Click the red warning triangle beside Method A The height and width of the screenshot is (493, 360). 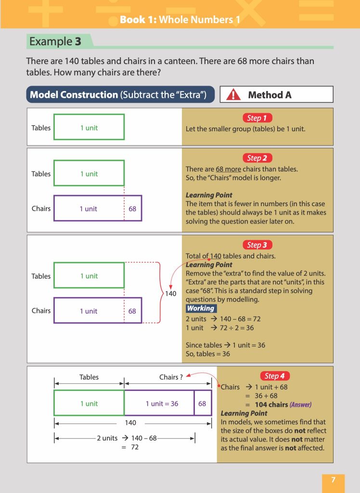coord(233,95)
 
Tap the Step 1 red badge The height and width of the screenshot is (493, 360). coord(257,118)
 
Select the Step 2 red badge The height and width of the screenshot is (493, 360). coord(257,158)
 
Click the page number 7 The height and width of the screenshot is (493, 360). coord(333,480)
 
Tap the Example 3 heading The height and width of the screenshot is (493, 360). coord(55,41)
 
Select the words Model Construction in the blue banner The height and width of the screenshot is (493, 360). coord(74,95)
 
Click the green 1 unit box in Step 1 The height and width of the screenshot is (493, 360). coord(89,127)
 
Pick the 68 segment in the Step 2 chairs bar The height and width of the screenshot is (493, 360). coord(133,208)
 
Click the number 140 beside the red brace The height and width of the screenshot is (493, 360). coord(171,293)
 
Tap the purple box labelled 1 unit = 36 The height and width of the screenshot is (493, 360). coord(159,403)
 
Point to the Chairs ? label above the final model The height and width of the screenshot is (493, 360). coord(171,377)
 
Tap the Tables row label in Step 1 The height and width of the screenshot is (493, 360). coord(41,128)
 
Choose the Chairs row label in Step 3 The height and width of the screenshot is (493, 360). coord(41,311)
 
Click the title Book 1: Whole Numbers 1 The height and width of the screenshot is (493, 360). coord(180,20)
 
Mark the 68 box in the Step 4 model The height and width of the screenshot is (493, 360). coord(202,403)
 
